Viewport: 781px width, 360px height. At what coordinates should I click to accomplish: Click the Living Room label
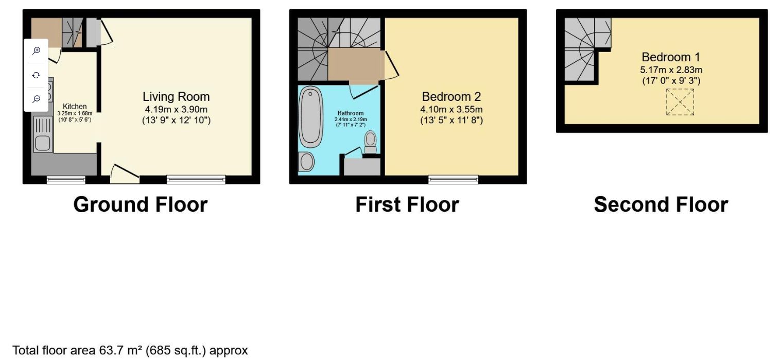(x=176, y=96)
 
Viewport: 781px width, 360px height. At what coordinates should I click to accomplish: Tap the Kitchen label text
(x=75, y=106)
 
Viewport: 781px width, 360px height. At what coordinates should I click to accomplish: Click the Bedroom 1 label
(x=670, y=57)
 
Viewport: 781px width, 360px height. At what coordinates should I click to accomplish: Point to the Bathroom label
(x=351, y=113)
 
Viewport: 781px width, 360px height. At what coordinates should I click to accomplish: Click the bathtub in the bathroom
(x=310, y=117)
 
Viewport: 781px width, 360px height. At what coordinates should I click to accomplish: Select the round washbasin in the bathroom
(x=307, y=162)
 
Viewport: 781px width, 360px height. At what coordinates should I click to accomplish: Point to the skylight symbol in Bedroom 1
(x=680, y=102)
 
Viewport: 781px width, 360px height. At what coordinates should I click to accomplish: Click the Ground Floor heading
(x=140, y=204)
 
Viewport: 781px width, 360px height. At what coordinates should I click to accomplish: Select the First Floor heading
(x=407, y=204)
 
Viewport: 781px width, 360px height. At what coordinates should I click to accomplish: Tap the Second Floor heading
(x=661, y=204)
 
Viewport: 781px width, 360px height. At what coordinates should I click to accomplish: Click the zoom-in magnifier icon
(x=36, y=50)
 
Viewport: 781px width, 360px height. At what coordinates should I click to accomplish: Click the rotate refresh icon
(x=36, y=75)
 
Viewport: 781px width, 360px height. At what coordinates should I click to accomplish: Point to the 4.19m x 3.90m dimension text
(x=176, y=109)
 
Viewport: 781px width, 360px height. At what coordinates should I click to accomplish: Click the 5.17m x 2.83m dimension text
(x=670, y=70)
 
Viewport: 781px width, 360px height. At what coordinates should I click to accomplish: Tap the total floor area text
(x=130, y=351)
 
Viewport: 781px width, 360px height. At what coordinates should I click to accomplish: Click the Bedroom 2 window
(x=453, y=179)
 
